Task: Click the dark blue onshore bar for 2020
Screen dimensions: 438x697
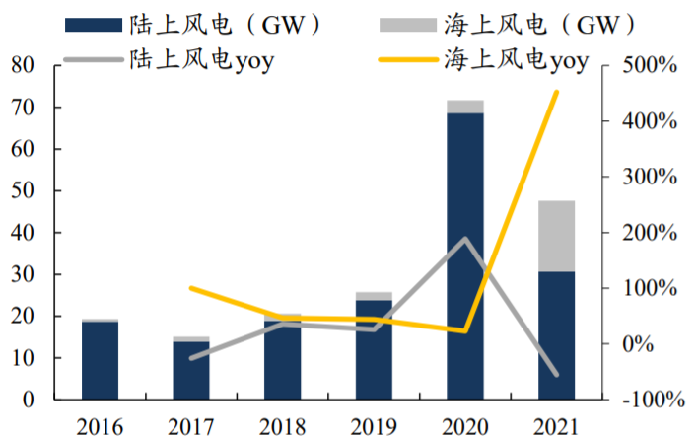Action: pyautogui.click(x=465, y=256)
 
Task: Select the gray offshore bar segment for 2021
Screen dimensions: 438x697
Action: pyautogui.click(x=556, y=236)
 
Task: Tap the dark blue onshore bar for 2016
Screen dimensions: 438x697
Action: pyautogui.click(x=100, y=361)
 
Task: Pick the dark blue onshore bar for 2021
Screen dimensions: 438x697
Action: pyautogui.click(x=556, y=335)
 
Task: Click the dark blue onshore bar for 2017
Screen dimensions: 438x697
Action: pyautogui.click(x=191, y=371)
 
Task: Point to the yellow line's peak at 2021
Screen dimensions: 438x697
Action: pyautogui.click(x=556, y=92)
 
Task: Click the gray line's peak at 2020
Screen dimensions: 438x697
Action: pyautogui.click(x=465, y=239)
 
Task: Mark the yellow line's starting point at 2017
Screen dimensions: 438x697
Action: pyautogui.click(x=191, y=288)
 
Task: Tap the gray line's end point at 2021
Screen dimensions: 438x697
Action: pyautogui.click(x=556, y=375)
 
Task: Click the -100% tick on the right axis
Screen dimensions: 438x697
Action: pyautogui.click(x=646, y=401)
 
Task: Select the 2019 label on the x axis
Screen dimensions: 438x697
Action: pyautogui.click(x=374, y=425)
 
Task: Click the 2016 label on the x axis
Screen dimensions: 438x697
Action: pyautogui.click(x=100, y=425)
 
